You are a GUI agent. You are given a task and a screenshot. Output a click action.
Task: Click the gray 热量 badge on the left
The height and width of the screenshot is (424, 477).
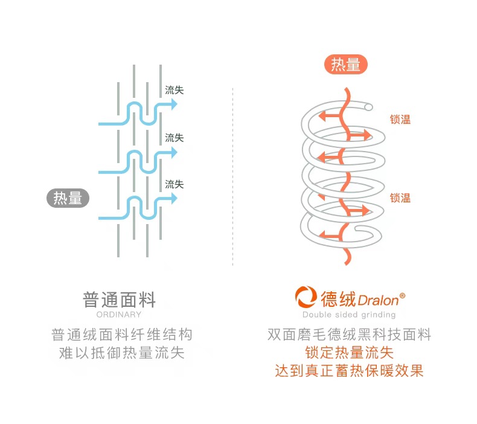click(x=68, y=198)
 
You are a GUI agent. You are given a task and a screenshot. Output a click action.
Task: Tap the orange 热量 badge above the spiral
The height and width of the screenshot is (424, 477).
click(x=346, y=65)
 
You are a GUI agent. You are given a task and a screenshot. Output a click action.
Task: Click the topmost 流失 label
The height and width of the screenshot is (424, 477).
click(x=174, y=90)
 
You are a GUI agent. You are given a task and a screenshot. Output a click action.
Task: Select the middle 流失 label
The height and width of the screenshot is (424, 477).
click(x=174, y=138)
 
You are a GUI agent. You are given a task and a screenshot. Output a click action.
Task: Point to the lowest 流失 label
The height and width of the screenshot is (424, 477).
click(x=174, y=184)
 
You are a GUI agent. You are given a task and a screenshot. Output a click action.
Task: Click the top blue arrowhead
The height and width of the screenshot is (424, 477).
click(x=174, y=104)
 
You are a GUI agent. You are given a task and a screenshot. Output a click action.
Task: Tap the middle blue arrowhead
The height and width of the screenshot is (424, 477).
click(x=174, y=152)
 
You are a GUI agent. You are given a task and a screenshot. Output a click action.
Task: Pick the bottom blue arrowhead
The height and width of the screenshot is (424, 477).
click(x=174, y=199)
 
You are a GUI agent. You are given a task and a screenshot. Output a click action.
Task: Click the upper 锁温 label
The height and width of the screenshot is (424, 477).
click(x=400, y=120)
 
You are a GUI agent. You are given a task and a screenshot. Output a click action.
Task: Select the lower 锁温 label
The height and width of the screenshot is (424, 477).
click(x=400, y=198)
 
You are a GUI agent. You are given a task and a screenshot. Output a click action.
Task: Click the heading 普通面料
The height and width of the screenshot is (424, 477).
click(x=119, y=299)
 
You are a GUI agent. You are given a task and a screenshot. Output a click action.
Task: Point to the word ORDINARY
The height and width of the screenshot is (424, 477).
click(x=119, y=315)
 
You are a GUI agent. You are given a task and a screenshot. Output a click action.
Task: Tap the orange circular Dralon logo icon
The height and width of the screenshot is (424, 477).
click(x=306, y=298)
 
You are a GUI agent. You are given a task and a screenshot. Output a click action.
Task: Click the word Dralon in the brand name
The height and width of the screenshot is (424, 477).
click(x=378, y=300)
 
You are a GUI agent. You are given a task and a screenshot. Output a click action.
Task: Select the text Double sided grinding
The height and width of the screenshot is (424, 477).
click(x=349, y=315)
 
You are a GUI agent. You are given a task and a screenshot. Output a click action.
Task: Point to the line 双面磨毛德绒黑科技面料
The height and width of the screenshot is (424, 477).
click(x=349, y=335)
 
